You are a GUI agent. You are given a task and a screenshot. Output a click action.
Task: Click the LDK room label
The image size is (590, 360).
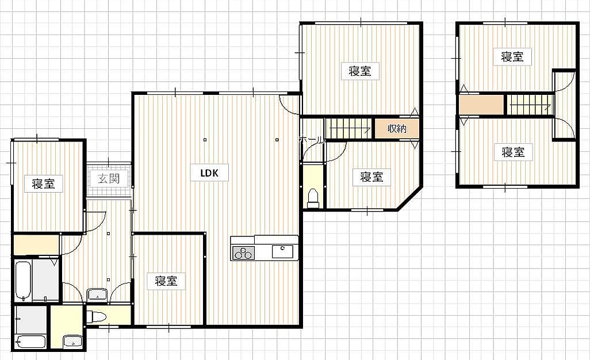coord(209,173)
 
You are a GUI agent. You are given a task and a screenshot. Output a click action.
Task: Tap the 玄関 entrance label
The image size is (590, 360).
coord(109,178)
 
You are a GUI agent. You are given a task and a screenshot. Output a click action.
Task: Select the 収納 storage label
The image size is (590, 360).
coord(397,128)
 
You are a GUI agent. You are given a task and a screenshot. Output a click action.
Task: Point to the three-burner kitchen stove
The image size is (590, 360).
coord(243,252)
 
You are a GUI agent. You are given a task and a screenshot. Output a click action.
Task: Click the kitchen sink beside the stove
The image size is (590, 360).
coord(282,251)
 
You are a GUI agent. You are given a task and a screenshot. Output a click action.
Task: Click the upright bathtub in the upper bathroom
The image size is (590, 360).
coord(23,280)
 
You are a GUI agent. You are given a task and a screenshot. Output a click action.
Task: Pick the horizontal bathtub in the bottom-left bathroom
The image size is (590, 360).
coord(31,342)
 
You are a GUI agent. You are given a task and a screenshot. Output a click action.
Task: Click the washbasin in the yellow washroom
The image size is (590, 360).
coord(72,341)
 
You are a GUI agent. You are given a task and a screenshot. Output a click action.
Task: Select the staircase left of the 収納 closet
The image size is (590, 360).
coord(348,128)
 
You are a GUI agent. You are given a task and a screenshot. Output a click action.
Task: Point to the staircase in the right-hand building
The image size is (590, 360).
coord(530,105)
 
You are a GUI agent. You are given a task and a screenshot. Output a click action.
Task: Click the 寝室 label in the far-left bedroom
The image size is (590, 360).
coord(43,184)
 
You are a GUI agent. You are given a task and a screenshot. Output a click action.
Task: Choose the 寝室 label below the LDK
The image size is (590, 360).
coord(166,281)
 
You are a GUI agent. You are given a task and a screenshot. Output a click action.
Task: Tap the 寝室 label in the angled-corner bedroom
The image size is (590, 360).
coord(371,177)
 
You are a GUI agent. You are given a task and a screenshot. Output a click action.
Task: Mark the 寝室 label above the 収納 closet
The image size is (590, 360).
coord(360,71)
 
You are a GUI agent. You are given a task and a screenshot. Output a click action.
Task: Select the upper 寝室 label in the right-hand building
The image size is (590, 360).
coord(512,56)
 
